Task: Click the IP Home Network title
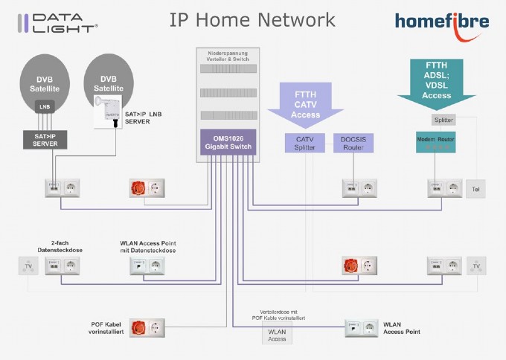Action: coord(252,19)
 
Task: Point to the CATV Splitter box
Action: coord(304,144)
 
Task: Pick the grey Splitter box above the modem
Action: coord(442,120)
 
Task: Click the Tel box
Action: coord(475,190)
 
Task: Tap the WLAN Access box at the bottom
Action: coord(277,335)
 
